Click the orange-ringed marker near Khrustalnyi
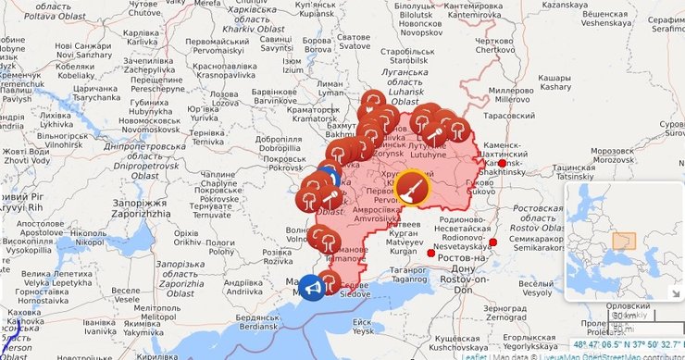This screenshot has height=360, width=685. tap(412, 187)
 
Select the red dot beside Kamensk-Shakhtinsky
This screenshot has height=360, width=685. tap(502, 163)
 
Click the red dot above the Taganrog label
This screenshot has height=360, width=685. tap(430, 252)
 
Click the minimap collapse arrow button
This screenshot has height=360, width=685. tap(672, 293)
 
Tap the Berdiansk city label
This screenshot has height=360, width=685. tap(258, 327)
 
